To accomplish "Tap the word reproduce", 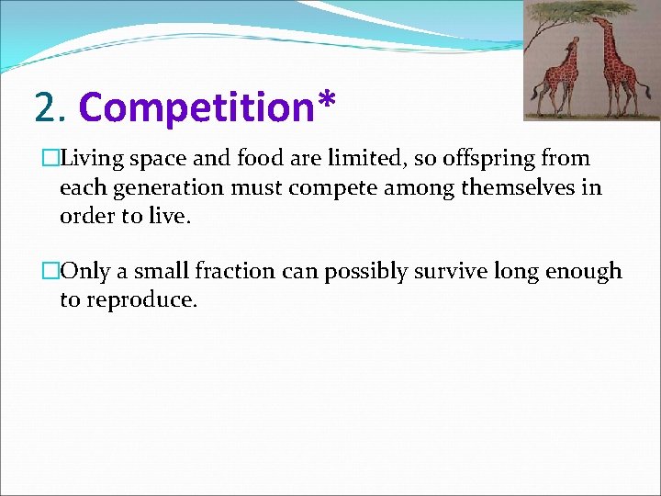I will [x=139, y=300].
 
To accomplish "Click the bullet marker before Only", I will [x=50, y=271].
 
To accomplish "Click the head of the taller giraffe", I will [x=597, y=20].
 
